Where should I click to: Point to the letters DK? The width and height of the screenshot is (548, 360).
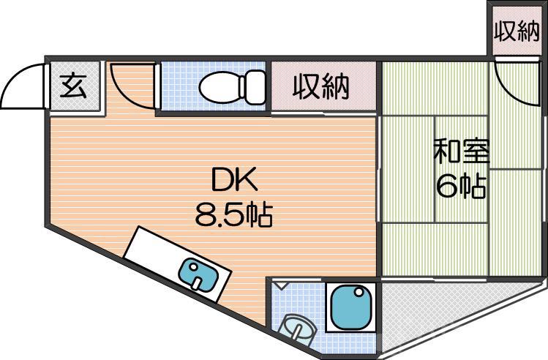point(236,180)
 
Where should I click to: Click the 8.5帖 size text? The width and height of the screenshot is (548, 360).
point(233,214)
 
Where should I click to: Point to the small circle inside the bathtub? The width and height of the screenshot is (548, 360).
point(359,293)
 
